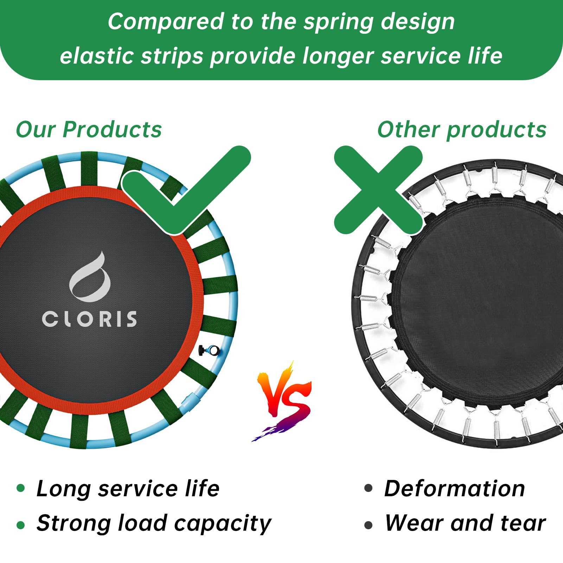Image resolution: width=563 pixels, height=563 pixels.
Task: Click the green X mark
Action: [x=378, y=190]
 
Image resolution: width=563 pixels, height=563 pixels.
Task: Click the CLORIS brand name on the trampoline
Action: [x=89, y=319]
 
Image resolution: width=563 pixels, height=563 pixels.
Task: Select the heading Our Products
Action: [x=89, y=129]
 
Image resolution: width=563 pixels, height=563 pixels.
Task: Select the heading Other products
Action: [x=462, y=129]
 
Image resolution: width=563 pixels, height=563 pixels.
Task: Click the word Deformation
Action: [x=455, y=488]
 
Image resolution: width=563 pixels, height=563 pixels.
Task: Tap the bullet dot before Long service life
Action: [x=21, y=488]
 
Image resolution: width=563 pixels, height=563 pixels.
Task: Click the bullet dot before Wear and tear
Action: [x=368, y=525]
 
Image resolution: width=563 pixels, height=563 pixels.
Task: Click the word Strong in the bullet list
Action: [x=74, y=524]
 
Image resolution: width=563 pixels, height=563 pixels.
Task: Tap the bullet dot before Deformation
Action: [x=368, y=488]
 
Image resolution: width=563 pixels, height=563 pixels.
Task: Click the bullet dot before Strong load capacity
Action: [x=21, y=525]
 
